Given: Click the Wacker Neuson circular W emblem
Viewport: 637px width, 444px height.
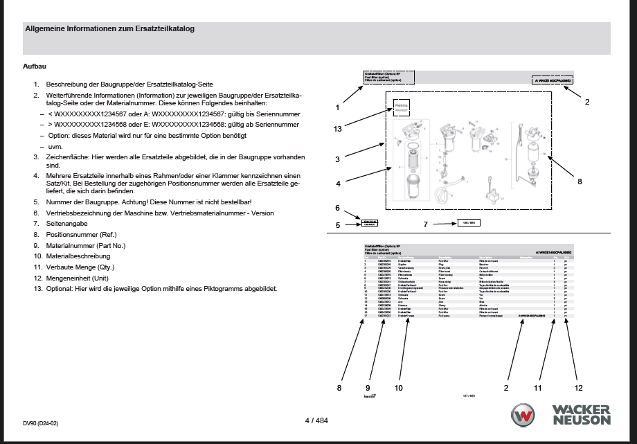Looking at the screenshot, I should [x=523, y=416].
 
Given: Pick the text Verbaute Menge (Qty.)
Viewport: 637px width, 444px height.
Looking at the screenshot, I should [x=79, y=267].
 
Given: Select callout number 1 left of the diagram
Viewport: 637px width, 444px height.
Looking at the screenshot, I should [x=337, y=107].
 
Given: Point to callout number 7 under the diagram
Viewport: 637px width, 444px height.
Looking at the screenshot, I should [x=426, y=224].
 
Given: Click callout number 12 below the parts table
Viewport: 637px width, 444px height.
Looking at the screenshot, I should [x=579, y=388].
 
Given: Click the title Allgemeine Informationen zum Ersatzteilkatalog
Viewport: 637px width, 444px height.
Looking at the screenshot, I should [x=109, y=29].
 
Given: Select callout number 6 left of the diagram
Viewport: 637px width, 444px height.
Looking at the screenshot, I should [x=337, y=208].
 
